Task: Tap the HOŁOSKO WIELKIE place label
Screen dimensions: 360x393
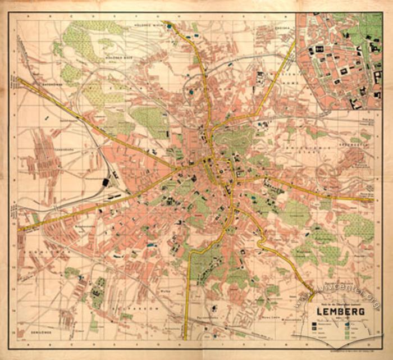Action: tap(148, 26)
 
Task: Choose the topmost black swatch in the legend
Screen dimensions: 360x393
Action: tap(312, 323)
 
